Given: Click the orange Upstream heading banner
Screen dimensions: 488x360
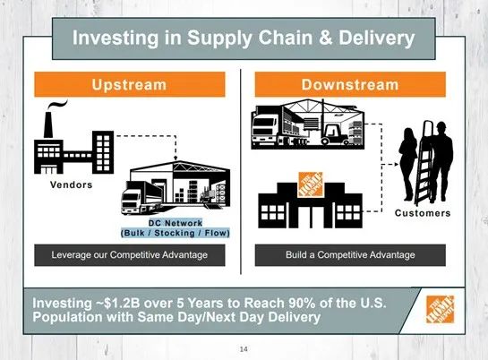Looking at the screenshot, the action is point(130,84).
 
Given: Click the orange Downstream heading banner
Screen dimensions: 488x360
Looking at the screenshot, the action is point(350,84).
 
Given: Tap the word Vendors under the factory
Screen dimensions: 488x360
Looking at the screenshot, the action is point(72,184).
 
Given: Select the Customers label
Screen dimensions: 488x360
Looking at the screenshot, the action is point(423,213).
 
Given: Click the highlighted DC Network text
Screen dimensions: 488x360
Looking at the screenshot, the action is point(176,223).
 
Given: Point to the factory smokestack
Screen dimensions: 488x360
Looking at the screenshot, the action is point(48,124).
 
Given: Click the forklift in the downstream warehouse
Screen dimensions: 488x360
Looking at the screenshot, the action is point(335,133).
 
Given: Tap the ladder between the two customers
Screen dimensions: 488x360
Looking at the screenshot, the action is point(424,162).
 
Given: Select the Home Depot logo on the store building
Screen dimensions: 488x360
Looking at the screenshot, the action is point(311,184).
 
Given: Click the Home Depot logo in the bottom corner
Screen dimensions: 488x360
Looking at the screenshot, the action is point(440,309).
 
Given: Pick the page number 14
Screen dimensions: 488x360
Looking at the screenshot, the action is point(244,349).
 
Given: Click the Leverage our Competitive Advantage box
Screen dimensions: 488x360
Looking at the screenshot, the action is point(130,255).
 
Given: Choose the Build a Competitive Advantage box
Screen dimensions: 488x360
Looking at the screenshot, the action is point(350,255).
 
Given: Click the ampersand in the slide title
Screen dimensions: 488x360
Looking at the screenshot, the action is point(326,38).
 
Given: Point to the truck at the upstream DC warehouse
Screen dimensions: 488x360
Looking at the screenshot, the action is point(141,198).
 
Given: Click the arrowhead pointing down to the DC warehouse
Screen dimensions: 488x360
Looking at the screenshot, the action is point(176,159).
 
